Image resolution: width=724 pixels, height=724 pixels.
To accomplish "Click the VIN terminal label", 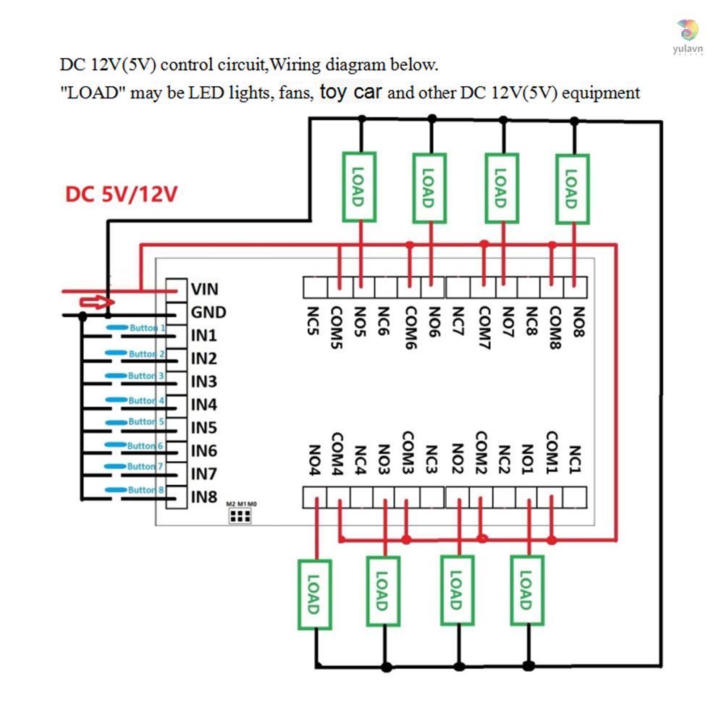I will (x=204, y=290).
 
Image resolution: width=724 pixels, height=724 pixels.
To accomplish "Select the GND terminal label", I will (x=208, y=313).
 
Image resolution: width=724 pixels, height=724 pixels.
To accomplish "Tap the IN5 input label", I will (x=203, y=427).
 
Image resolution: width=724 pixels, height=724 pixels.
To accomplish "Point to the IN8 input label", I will (x=203, y=497).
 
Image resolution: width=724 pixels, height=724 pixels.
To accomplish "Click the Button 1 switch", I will (x=138, y=329).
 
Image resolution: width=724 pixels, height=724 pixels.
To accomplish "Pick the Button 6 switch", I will (x=138, y=446).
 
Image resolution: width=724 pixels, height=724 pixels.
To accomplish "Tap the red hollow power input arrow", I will (x=96, y=302).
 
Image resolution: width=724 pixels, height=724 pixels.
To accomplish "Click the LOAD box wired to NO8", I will (x=572, y=188).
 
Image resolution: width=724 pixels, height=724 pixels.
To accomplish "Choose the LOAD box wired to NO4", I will (x=313, y=594).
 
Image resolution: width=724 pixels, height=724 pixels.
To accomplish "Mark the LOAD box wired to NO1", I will (x=526, y=590).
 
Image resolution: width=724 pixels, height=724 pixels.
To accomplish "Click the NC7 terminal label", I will (x=458, y=322).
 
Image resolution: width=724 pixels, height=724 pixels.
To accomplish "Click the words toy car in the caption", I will (x=351, y=92).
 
